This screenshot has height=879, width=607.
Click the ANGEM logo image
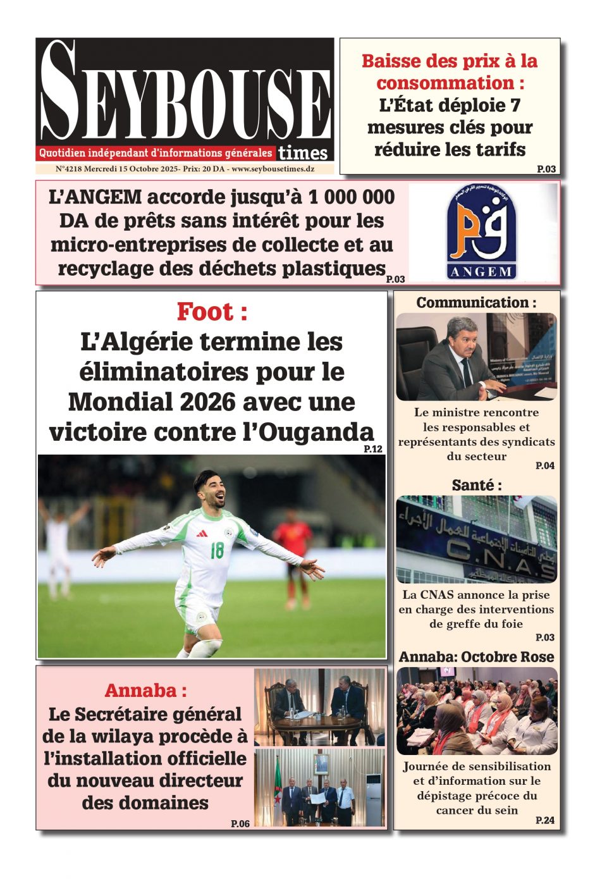pyautogui.click(x=482, y=232)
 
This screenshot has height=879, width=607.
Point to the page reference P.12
pyautogui.click(x=373, y=449)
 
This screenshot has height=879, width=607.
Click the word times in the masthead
pyautogui.click(x=303, y=153)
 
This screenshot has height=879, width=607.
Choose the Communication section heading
pyautogui.click(x=475, y=303)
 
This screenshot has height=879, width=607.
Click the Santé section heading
pyautogui.click(x=476, y=485)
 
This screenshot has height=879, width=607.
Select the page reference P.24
pyautogui.click(x=544, y=820)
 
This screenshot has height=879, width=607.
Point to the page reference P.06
pyautogui.click(x=240, y=823)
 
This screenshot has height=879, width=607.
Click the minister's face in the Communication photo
pyautogui.click(x=464, y=338)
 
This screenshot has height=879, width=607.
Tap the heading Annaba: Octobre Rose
pyautogui.click(x=476, y=657)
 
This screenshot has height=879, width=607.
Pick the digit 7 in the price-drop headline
pyautogui.click(x=515, y=105)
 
